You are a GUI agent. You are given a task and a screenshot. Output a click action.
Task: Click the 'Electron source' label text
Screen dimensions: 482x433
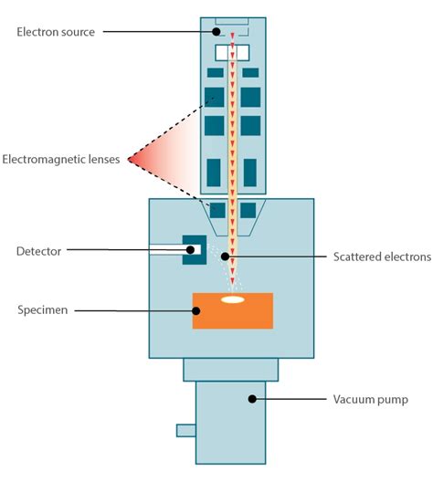point(56,32)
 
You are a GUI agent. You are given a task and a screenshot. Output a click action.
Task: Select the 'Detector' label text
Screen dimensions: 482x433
point(37,249)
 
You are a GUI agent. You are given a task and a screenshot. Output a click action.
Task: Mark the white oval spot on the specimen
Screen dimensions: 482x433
point(233,299)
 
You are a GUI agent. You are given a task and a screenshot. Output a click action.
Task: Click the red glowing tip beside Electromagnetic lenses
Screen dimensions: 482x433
point(135,161)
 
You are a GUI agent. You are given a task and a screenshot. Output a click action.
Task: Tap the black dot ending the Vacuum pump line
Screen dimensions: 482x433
point(252,399)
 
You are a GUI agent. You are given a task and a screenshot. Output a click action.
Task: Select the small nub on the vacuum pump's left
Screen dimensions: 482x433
point(185,429)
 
